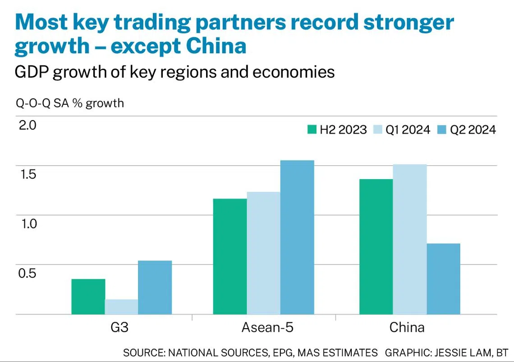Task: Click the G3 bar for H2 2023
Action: [88, 297]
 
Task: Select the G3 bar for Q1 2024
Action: [121, 307]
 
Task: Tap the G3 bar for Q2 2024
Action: [155, 288]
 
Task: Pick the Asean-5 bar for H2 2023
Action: [230, 256]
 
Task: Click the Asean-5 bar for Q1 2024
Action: [263, 253]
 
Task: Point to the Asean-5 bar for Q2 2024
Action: [297, 237]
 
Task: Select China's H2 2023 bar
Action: [376, 247]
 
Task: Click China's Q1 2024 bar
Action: [409, 239]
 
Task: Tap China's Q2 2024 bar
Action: [443, 279]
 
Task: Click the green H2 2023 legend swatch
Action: [312, 130]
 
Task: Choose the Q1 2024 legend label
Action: [408, 130]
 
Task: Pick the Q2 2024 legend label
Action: [473, 130]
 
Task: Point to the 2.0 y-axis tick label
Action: [27, 125]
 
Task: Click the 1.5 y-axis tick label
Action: [27, 174]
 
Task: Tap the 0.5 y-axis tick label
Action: [27, 273]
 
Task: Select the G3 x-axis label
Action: [119, 327]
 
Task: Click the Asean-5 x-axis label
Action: [267, 327]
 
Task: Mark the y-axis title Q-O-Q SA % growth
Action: [70, 103]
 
